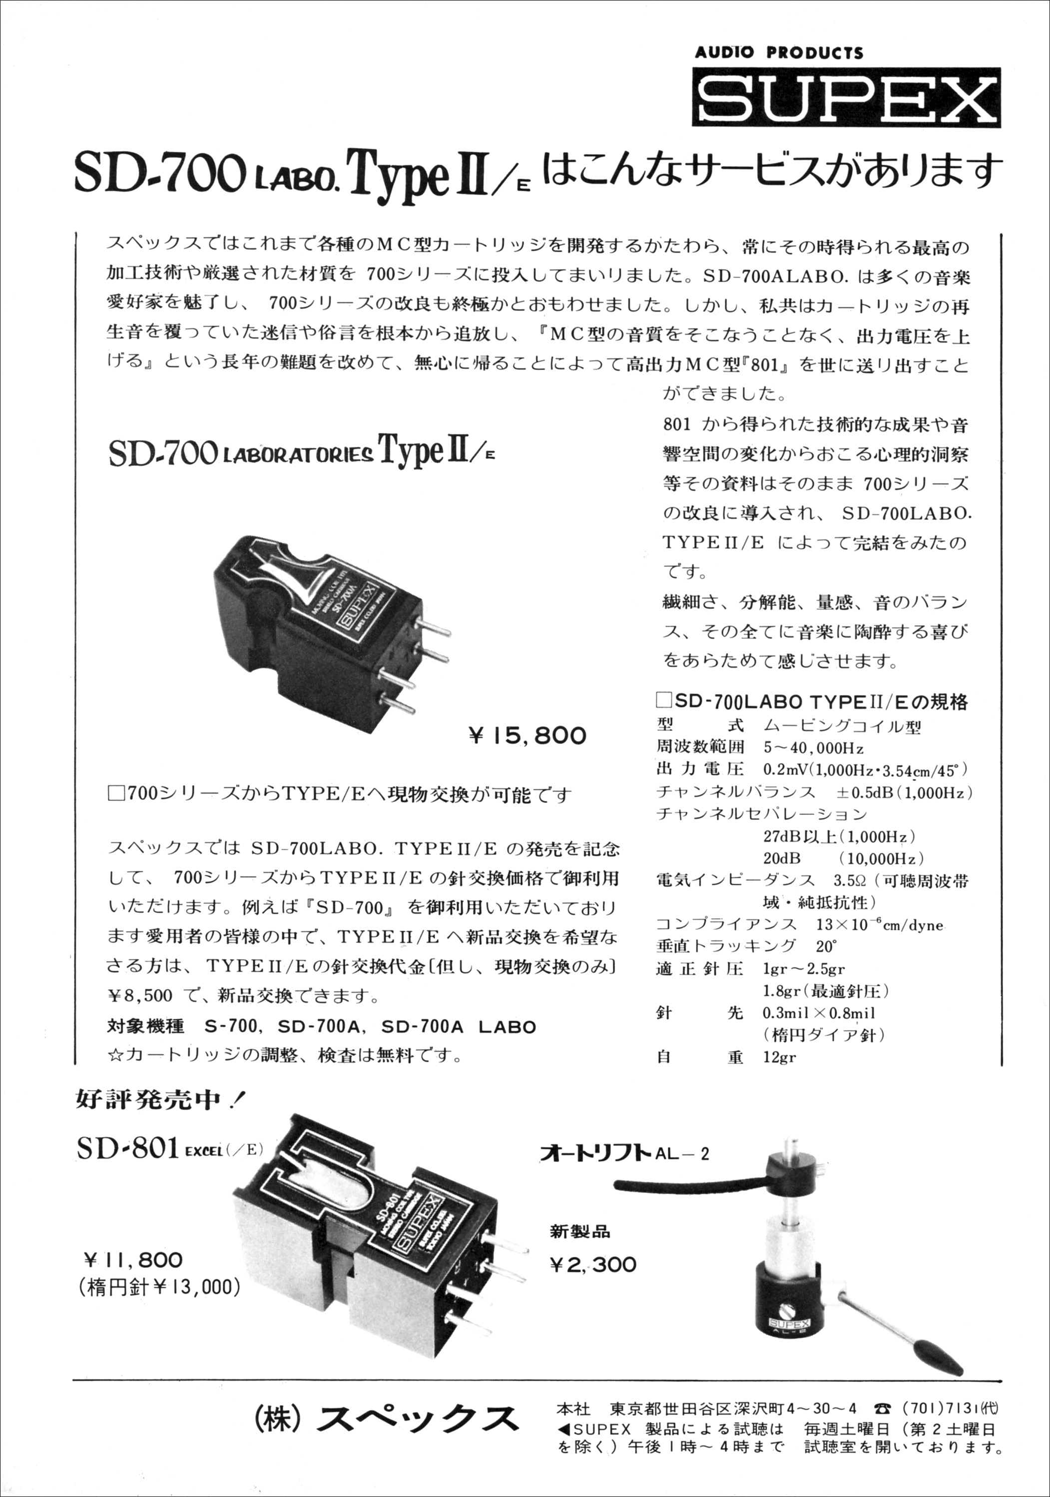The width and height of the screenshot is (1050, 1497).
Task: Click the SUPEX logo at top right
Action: click(846, 97)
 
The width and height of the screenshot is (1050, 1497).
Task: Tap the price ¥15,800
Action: click(527, 736)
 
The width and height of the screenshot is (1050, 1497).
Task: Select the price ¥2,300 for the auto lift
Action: click(593, 1264)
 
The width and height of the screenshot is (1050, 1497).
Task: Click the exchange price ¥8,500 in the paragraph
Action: click(140, 996)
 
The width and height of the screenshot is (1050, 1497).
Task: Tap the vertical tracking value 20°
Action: click(826, 946)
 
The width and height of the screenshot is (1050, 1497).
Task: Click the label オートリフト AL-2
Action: click(625, 1153)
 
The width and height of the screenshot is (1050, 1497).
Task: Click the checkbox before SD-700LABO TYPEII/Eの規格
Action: click(664, 701)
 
